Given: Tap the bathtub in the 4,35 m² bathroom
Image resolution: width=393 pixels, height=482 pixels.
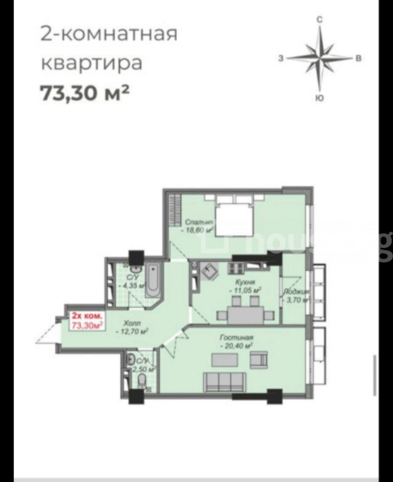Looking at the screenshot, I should pyautogui.click(x=153, y=280).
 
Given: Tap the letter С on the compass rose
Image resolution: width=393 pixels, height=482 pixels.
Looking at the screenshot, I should pyautogui.click(x=319, y=19).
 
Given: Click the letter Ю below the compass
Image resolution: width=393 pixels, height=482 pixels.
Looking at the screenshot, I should pyautogui.click(x=319, y=98).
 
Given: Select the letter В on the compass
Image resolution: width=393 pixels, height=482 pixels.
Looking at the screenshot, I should pyautogui.click(x=359, y=58).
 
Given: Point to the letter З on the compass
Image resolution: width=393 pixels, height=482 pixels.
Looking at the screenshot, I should pyautogui.click(x=281, y=58).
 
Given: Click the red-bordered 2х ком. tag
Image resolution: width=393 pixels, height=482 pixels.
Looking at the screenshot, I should pyautogui.click(x=85, y=319).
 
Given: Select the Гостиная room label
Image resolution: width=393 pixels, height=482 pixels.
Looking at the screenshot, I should pyautogui.click(x=236, y=338).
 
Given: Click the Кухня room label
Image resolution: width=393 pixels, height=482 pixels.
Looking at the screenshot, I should pyautogui.click(x=244, y=282).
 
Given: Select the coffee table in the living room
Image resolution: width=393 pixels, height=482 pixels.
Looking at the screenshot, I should pyautogui.click(x=221, y=360).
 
